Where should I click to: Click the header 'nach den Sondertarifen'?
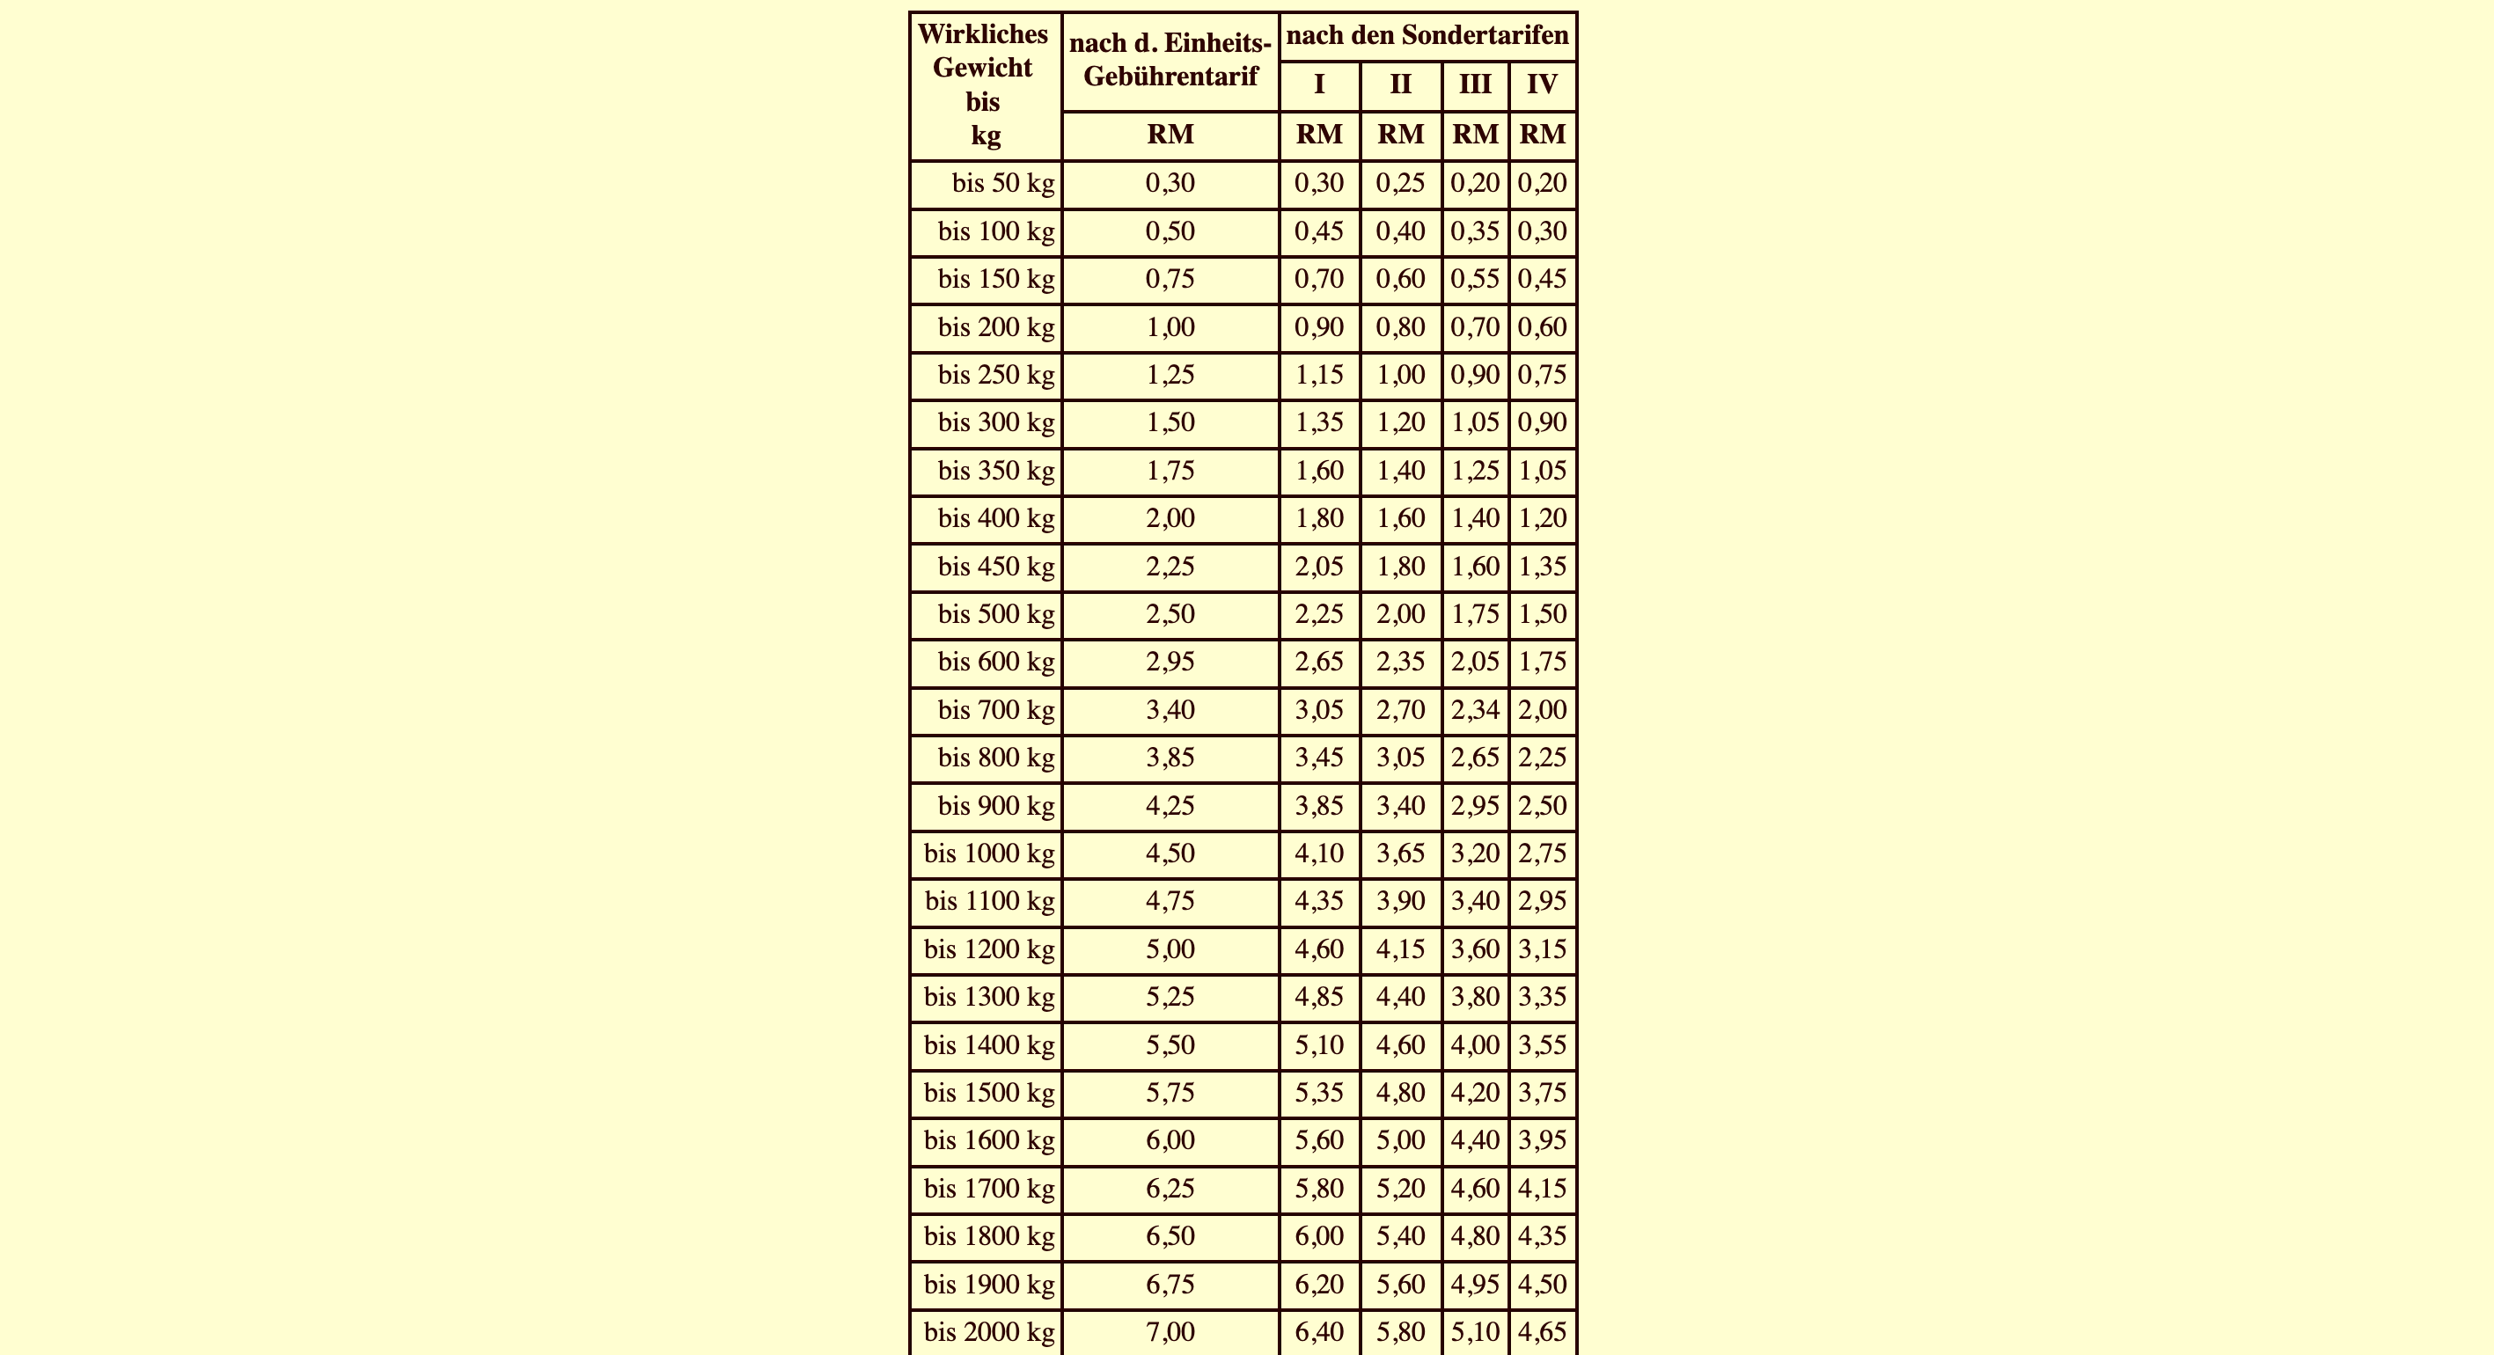tap(1427, 36)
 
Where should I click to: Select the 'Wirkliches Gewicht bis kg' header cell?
tap(984, 85)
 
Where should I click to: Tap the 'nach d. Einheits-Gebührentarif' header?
tap(1170, 60)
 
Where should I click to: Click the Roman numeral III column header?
tap(1475, 85)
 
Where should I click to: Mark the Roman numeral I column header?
tap(1318, 85)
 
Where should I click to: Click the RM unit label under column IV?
tap(1543, 135)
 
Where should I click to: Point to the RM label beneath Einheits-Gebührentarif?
tap(1170, 135)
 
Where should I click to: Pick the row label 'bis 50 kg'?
tap(1003, 183)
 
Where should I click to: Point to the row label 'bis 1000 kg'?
tap(988, 853)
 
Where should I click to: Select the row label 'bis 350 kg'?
tap(995, 471)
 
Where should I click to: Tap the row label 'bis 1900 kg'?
tap(988, 1285)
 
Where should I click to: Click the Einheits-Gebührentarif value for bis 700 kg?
tap(1170, 710)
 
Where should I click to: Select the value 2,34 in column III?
tap(1475, 710)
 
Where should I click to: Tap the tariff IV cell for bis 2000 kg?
tap(1543, 1333)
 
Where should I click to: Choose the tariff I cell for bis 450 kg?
tap(1318, 567)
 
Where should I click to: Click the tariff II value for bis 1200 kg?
tap(1400, 949)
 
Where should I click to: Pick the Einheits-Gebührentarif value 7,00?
tap(1170, 1333)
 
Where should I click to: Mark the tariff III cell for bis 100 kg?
tap(1475, 231)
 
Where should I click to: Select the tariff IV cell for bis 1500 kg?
tap(1543, 1093)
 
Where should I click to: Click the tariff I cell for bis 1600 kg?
tap(1318, 1140)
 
